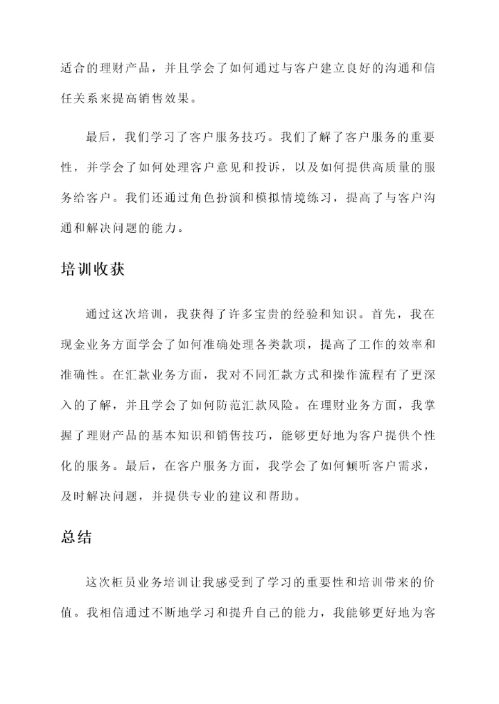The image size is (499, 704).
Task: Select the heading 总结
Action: pyautogui.click(x=77, y=537)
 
